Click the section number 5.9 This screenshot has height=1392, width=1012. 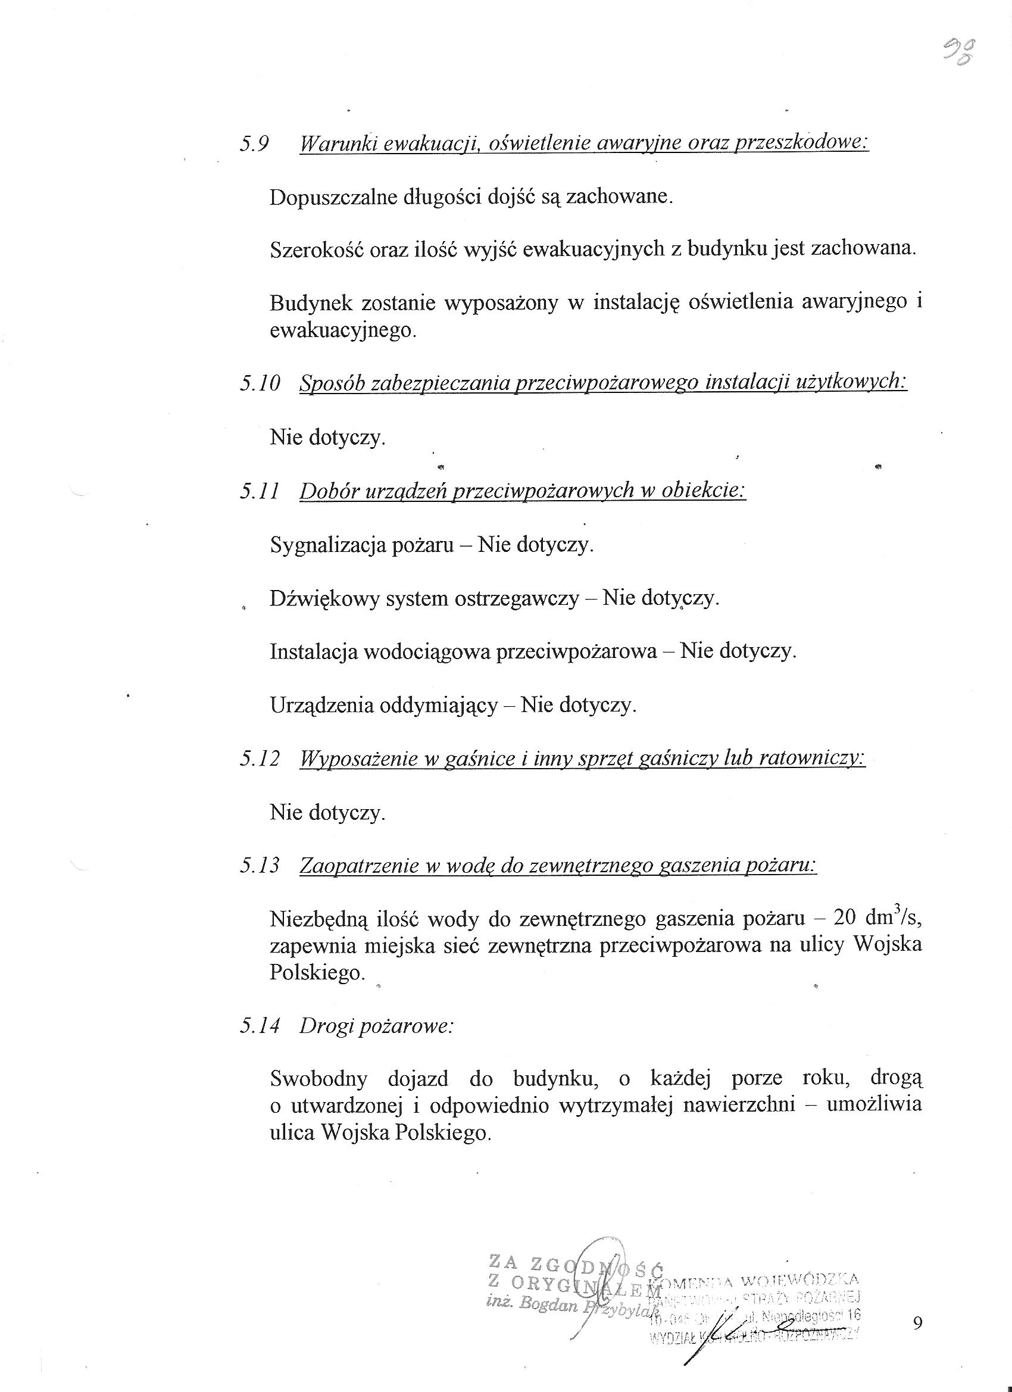255,145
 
